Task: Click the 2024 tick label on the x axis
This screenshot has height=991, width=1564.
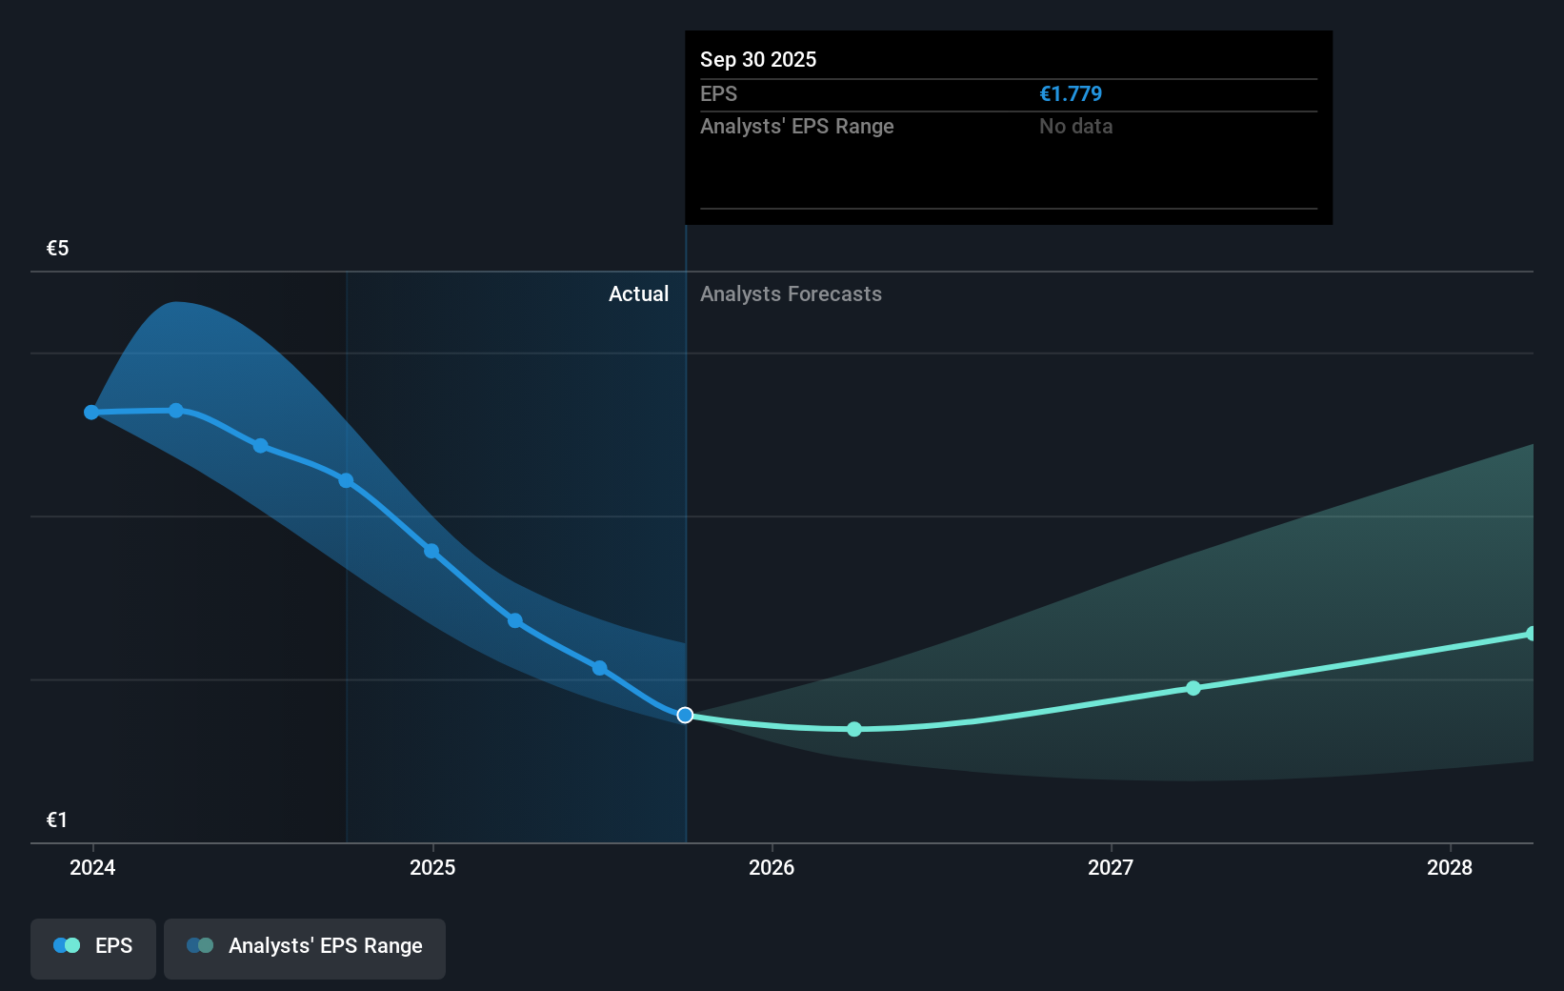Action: [92, 867]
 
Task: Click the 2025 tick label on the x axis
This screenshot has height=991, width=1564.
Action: [432, 867]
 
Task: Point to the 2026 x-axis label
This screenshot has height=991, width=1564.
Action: [772, 867]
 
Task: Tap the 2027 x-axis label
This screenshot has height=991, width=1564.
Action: [1111, 867]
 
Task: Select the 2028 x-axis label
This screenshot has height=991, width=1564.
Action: [1450, 867]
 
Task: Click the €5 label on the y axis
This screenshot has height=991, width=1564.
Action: [57, 249]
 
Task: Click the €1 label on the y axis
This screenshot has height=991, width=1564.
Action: [57, 820]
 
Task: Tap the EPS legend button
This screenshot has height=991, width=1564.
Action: [93, 946]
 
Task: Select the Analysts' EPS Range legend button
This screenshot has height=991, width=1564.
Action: [305, 946]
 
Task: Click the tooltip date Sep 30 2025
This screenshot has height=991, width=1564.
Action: [758, 59]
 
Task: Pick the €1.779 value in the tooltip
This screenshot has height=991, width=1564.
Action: [1071, 93]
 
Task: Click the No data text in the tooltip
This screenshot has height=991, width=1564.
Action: [1075, 126]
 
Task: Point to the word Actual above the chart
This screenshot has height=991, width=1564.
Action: [638, 293]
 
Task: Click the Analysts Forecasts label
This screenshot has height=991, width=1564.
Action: [791, 293]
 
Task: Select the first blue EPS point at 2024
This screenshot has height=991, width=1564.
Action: [91, 413]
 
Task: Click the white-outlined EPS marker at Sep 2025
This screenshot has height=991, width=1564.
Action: [685, 715]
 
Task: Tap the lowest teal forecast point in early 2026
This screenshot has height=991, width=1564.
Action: [854, 729]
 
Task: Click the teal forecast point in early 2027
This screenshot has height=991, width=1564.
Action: [1193, 688]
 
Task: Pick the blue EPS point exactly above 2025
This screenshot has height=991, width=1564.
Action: [431, 551]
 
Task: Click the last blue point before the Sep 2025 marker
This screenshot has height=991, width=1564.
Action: [600, 668]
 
